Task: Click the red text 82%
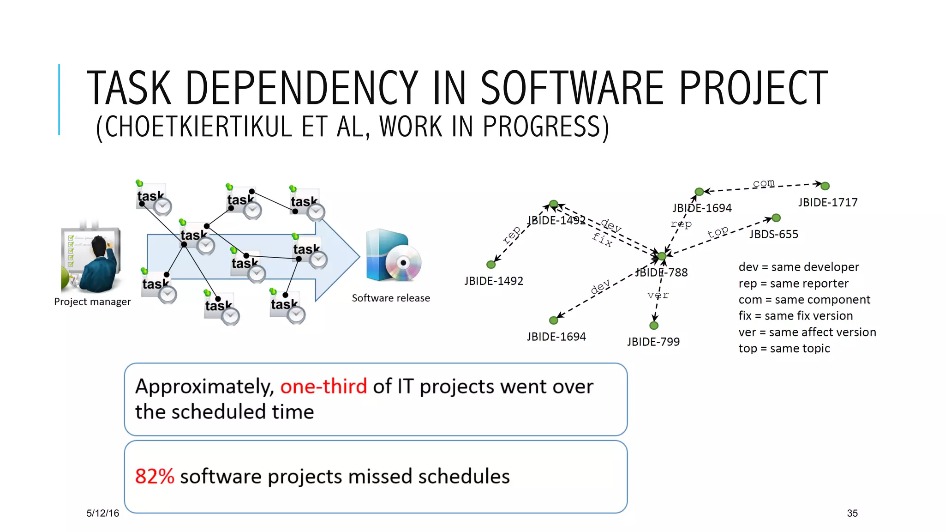[x=154, y=476]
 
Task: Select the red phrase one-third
[x=323, y=386]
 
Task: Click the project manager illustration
[x=91, y=260]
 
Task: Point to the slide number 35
[x=852, y=513]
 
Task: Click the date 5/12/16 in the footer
[x=102, y=513]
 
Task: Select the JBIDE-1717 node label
[x=827, y=202]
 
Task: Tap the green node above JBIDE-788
[x=662, y=256]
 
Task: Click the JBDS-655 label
[x=773, y=234]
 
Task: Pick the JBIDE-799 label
[x=653, y=342]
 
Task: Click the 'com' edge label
[x=763, y=183]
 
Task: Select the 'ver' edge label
[x=658, y=295]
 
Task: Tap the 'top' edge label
[x=718, y=232]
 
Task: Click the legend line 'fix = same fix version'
[x=795, y=316]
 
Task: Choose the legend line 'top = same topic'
[x=784, y=348]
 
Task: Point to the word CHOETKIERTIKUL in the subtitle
[x=199, y=127]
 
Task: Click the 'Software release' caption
[x=390, y=298]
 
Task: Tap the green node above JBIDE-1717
[x=825, y=186]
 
